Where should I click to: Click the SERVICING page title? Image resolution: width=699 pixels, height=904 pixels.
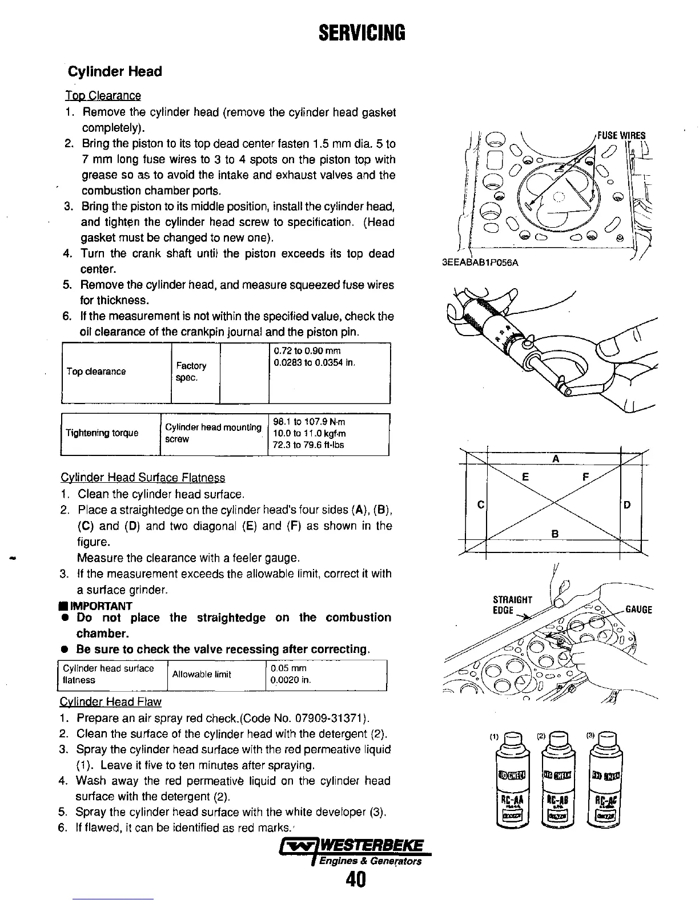(361, 34)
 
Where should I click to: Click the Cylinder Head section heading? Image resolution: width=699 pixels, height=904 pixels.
(115, 72)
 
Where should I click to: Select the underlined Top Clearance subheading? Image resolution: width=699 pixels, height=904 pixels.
(103, 95)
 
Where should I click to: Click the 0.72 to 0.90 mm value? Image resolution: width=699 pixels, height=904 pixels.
(307, 351)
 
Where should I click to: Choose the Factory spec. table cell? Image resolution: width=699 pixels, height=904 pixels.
(191, 372)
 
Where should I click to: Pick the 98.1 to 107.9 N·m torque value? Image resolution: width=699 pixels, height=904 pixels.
(309, 422)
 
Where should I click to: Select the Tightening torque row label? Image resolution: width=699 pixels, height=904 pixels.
(102, 433)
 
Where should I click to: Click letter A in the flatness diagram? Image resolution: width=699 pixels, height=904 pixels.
(555, 459)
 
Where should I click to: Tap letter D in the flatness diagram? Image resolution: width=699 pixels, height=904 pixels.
(628, 505)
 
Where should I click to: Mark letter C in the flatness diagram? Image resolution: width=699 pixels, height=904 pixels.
(481, 505)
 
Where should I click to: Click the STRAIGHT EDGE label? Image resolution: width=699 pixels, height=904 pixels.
(512, 605)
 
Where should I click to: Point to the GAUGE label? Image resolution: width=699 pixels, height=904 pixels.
(639, 610)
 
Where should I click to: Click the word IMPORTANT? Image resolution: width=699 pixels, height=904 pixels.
(105, 606)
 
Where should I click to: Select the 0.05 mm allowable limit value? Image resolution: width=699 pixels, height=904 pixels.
(290, 668)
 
